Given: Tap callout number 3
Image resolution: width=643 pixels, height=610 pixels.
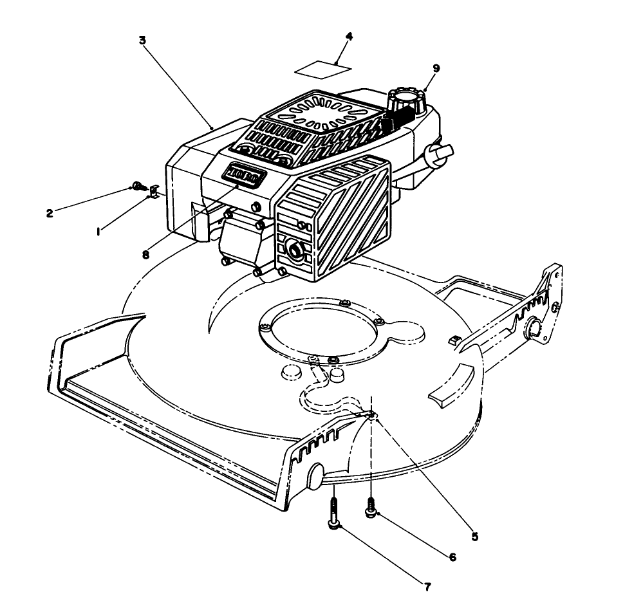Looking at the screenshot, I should point(142,40).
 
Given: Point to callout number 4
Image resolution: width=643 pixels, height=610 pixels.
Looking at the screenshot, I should point(348,37).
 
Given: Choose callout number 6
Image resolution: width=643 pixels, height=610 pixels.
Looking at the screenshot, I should point(452,557).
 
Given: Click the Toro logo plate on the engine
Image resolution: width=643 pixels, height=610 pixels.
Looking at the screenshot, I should point(242,174).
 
